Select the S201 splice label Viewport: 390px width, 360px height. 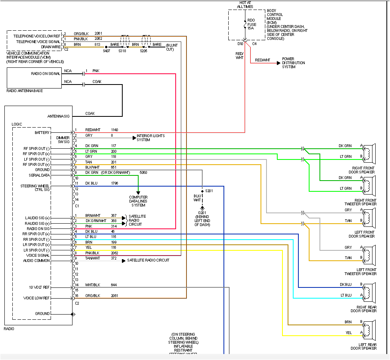tap(209, 191)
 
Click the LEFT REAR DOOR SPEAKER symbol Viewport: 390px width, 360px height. tap(369, 328)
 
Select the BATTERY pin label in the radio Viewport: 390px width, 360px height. tap(42, 133)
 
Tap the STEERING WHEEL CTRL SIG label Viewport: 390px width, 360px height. tap(35, 188)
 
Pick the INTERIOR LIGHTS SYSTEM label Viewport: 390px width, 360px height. tap(151, 138)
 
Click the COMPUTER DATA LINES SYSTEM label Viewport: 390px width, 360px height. tap(138, 201)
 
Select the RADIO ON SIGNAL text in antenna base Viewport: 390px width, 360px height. tap(46, 74)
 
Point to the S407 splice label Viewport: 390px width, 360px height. tap(106, 51)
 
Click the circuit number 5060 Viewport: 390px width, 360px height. tap(143, 173)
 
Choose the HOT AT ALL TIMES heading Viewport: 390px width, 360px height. tap(245, 5)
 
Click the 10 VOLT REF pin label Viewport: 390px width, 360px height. tap(39, 287)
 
